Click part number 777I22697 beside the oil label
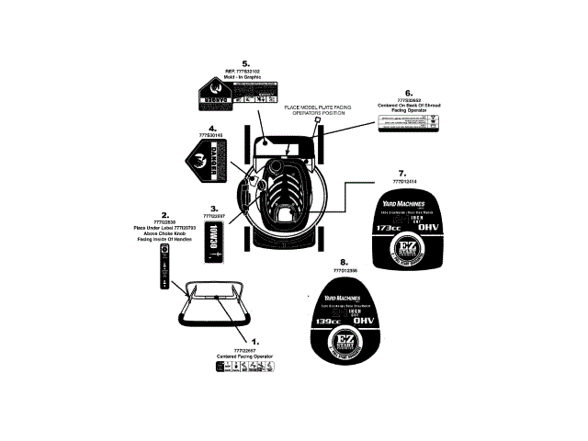[213, 216]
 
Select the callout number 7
[401, 173]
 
